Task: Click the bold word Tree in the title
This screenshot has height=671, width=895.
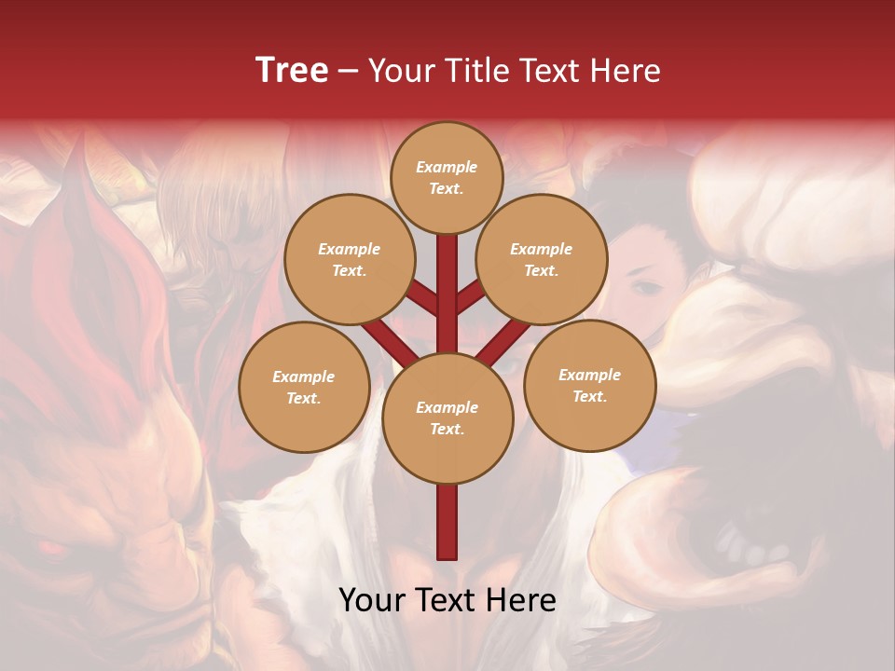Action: click(x=292, y=71)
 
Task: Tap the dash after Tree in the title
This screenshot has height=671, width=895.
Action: click(x=348, y=72)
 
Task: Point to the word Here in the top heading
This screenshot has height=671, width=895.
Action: click(x=625, y=71)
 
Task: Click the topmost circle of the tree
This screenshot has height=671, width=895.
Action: click(x=447, y=177)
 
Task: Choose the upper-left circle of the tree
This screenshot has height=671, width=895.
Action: click(x=349, y=259)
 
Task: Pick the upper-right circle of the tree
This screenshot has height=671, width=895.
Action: click(x=542, y=259)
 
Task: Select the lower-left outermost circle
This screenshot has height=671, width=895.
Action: click(x=304, y=387)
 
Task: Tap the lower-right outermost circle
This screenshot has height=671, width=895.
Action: click(x=590, y=385)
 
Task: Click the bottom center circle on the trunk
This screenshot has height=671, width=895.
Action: click(x=447, y=418)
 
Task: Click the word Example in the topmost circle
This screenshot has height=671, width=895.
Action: click(x=447, y=167)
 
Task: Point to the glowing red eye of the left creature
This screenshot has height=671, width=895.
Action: click(x=48, y=547)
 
